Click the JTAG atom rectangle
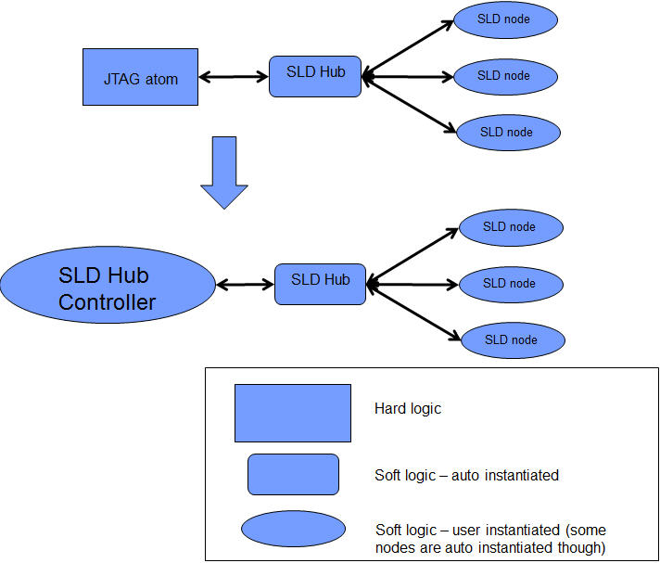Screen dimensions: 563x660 click(140, 78)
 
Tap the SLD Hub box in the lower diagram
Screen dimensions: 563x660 click(320, 283)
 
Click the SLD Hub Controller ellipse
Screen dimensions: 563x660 click(107, 288)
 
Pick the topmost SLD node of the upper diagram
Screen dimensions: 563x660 click(505, 19)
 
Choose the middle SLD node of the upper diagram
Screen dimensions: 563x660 click(506, 76)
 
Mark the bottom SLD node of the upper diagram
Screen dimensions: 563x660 click(509, 133)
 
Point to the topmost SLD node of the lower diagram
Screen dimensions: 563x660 click(510, 226)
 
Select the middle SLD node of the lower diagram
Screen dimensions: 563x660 click(510, 284)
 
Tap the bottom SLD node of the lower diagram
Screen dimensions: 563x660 click(511, 340)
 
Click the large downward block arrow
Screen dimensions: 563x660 click(224, 172)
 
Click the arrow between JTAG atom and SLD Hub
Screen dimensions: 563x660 click(234, 77)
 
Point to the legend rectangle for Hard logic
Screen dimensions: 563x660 click(292, 413)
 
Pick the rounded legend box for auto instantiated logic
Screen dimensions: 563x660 click(293, 474)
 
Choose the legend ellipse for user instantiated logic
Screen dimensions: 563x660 click(293, 529)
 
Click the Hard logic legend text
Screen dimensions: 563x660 click(408, 408)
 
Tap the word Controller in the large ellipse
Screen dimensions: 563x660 click(107, 302)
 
